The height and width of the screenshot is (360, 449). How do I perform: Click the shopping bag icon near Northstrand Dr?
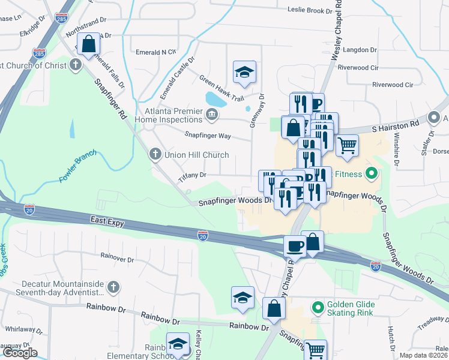coord(89,44)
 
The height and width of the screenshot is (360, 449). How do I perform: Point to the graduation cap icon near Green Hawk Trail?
coord(244,71)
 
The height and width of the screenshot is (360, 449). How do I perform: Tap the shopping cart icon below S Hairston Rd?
coord(346,145)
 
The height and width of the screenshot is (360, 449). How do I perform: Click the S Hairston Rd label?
coord(395,127)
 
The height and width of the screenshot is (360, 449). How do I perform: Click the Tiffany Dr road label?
coord(192,176)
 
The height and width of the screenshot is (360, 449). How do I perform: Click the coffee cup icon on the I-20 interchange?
coord(295,246)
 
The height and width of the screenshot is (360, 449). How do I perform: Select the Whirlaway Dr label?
coord(20,329)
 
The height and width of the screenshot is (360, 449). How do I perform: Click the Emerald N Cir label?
coord(156,52)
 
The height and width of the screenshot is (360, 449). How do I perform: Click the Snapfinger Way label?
coord(208,135)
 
